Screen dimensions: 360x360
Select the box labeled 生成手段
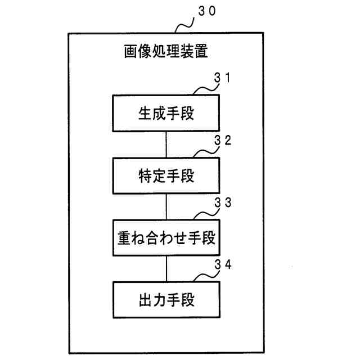pyautogui.click(x=166, y=114)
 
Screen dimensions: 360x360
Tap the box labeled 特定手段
pyautogui.click(x=166, y=176)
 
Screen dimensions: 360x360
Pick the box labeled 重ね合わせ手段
pyautogui.click(x=166, y=238)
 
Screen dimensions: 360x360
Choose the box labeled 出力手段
pyautogui.click(x=166, y=300)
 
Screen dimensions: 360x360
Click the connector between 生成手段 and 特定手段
pyautogui.click(x=166, y=145)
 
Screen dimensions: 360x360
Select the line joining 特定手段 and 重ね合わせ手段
pyautogui.click(x=166, y=206)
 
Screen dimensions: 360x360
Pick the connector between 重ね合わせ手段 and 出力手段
pyautogui.click(x=166, y=268)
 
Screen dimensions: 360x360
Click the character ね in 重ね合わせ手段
pyautogui.click(x=138, y=238)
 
